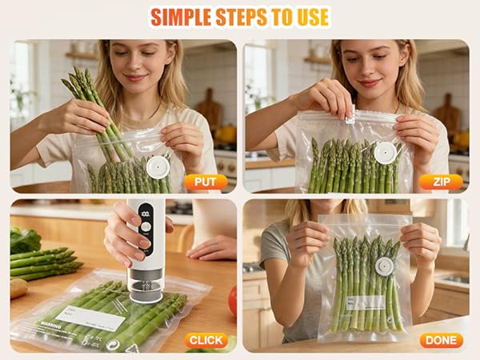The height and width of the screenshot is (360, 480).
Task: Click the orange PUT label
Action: pyautogui.click(x=206, y=182)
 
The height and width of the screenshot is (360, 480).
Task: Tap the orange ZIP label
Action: pyautogui.click(x=441, y=182)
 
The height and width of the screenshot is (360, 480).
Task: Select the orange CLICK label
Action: pyautogui.click(x=206, y=340)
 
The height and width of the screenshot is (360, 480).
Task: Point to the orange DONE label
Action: pyautogui.click(x=441, y=340)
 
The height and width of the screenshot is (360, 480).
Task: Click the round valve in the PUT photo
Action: pyautogui.click(x=157, y=166)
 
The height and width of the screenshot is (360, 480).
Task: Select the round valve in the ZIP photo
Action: pyautogui.click(x=386, y=151)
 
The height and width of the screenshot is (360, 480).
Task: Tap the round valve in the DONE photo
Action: pyautogui.click(x=384, y=266)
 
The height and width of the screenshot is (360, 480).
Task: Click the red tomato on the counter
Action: pyautogui.click(x=233, y=301)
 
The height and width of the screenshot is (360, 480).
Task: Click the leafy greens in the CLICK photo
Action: pyautogui.click(x=25, y=239)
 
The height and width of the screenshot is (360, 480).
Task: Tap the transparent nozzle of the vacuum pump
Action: pyautogui.click(x=145, y=288)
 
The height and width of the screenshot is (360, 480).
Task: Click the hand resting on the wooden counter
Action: pyautogui.click(x=211, y=248)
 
